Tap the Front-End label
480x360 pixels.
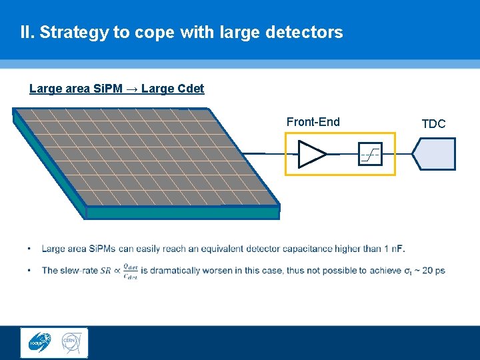[x=313, y=122]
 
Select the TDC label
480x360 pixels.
[x=433, y=124]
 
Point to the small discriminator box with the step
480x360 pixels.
[x=369, y=154]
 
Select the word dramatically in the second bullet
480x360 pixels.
[x=177, y=271]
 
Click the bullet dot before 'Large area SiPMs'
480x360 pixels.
[x=29, y=249]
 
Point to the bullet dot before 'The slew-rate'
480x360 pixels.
[x=29, y=271]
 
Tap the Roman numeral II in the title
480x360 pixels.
[x=26, y=32]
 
